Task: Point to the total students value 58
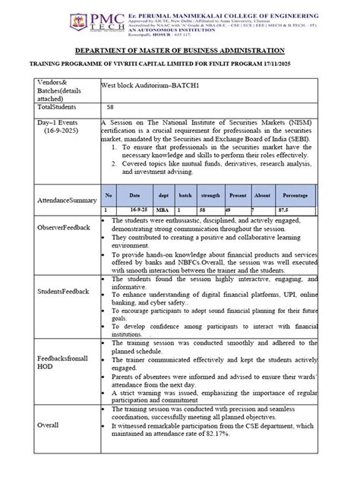pyautogui.click(x=110, y=108)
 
